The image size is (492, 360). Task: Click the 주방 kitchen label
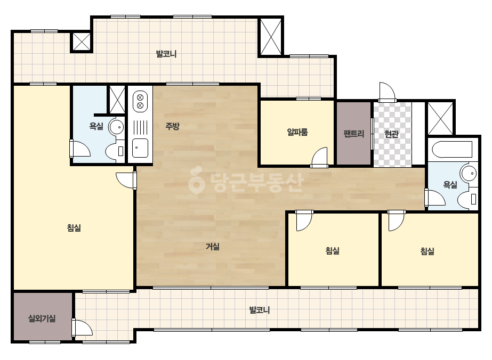pyautogui.click(x=172, y=126)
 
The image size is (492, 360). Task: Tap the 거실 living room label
pyautogui.click(x=213, y=247)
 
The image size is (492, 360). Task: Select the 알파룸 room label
pyautogui.click(x=297, y=132)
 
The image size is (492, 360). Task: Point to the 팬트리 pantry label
pyautogui.click(x=353, y=134)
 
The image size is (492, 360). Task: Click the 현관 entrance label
pyautogui.click(x=392, y=134)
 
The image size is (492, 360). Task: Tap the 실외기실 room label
pyautogui.click(x=42, y=319)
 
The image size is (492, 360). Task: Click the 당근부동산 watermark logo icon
pyautogui.click(x=196, y=180)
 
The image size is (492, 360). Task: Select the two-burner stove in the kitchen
pyautogui.click(x=140, y=101)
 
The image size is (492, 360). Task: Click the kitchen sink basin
pyautogui.click(x=140, y=148)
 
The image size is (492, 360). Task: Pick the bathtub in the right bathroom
pyautogui.click(x=452, y=150)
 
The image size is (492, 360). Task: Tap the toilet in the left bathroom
pyautogui.click(x=115, y=151)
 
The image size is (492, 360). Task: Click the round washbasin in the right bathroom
pyautogui.click(x=468, y=173)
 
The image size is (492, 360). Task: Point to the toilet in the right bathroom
pyautogui.click(x=467, y=199)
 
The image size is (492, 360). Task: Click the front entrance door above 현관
pyautogui.click(x=387, y=92)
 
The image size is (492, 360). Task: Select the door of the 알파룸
pyautogui.click(x=319, y=157)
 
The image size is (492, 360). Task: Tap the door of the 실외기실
pyautogui.click(x=82, y=328)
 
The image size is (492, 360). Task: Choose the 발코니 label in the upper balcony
pyautogui.click(x=166, y=54)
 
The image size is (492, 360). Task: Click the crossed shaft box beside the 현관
pyautogui.click(x=440, y=118)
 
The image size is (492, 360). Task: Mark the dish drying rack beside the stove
pyautogui.click(x=140, y=126)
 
